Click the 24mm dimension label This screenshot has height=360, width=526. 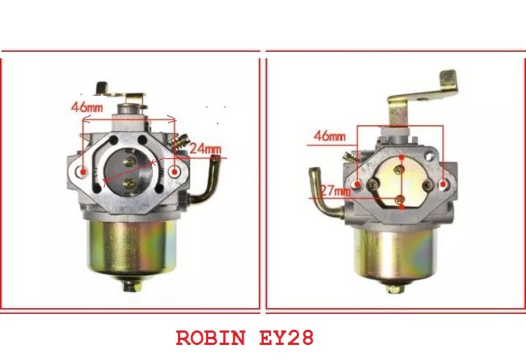pyautogui.click(x=205, y=148)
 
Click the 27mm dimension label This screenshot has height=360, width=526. pyautogui.click(x=336, y=191)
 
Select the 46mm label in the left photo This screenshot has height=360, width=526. pyautogui.click(x=87, y=107)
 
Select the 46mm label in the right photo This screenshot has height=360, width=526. pyautogui.click(x=330, y=136)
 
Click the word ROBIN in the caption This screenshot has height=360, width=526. pyautogui.click(x=211, y=338)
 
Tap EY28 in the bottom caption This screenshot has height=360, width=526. pyautogui.click(x=287, y=338)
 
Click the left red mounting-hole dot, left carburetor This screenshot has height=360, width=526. pyautogui.click(x=84, y=172)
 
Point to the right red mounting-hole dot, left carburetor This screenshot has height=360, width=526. pyautogui.click(x=174, y=172)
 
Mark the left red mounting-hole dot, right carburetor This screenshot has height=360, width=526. pyautogui.click(x=358, y=184)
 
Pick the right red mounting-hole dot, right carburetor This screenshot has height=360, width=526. pyautogui.click(x=443, y=184)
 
